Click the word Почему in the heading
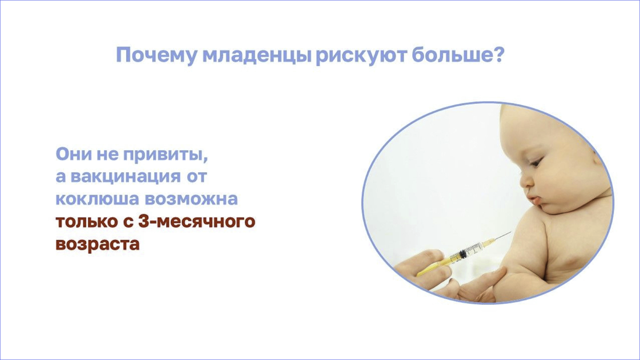156,55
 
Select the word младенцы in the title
256,55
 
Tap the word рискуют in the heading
361,55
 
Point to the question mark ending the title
498,54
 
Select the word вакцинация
125,177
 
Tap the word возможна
191,199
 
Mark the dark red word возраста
98,244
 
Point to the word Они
74,154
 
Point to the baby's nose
525,183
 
